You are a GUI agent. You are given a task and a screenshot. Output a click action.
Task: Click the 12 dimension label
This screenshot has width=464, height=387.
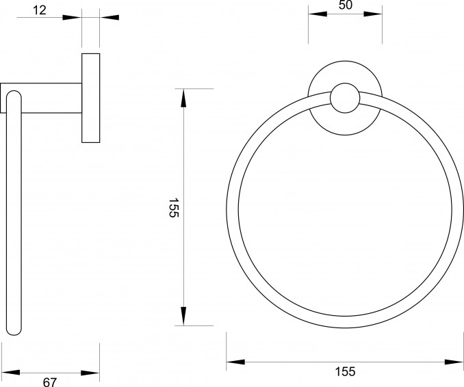coord(40,10)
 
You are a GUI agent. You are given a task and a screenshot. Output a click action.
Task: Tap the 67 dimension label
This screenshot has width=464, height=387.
coord(50,382)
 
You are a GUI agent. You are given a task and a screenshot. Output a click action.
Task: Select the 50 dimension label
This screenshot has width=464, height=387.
coord(346,5)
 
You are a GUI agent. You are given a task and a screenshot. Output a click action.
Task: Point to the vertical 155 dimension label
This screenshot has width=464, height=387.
coord(174,208)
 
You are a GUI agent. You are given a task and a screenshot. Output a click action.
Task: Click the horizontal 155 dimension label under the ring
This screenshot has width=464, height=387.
coord(345,371)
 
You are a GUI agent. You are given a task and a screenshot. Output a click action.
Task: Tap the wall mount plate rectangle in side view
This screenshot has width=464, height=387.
coord(91,98)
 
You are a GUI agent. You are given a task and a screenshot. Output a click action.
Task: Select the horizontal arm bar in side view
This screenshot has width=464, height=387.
coord(41,98)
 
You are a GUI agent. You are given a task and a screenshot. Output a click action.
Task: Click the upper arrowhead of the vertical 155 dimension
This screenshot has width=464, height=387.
coord(184,98)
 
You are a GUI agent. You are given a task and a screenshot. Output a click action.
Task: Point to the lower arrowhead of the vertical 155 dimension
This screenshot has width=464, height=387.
coord(184,317)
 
